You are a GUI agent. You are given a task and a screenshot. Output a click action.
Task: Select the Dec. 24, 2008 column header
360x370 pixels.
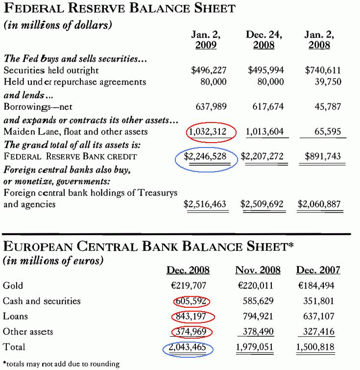(x=264, y=40)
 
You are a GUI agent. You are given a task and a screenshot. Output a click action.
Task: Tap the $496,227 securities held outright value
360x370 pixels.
(x=209, y=70)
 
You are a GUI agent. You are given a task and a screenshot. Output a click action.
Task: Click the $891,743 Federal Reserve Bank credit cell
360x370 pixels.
(x=323, y=157)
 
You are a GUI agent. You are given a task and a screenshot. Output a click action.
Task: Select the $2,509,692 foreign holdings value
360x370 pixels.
(x=262, y=204)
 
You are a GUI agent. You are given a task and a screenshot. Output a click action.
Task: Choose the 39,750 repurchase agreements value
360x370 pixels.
(x=327, y=82)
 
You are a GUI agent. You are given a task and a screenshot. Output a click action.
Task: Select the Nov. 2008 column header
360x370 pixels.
(x=258, y=270)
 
